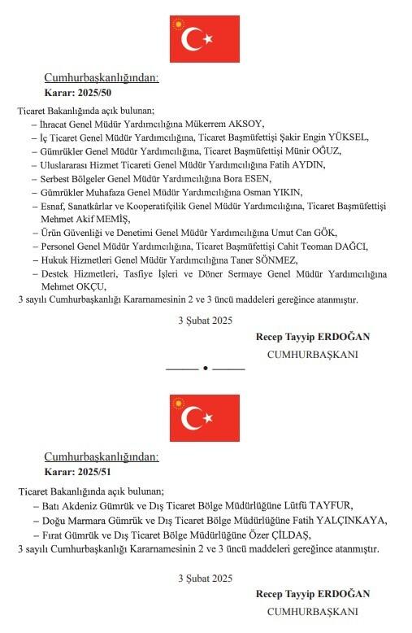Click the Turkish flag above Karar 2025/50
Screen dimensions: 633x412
click(205, 38)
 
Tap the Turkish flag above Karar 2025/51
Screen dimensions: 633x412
click(205, 418)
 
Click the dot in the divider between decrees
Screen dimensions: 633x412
click(206, 369)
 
